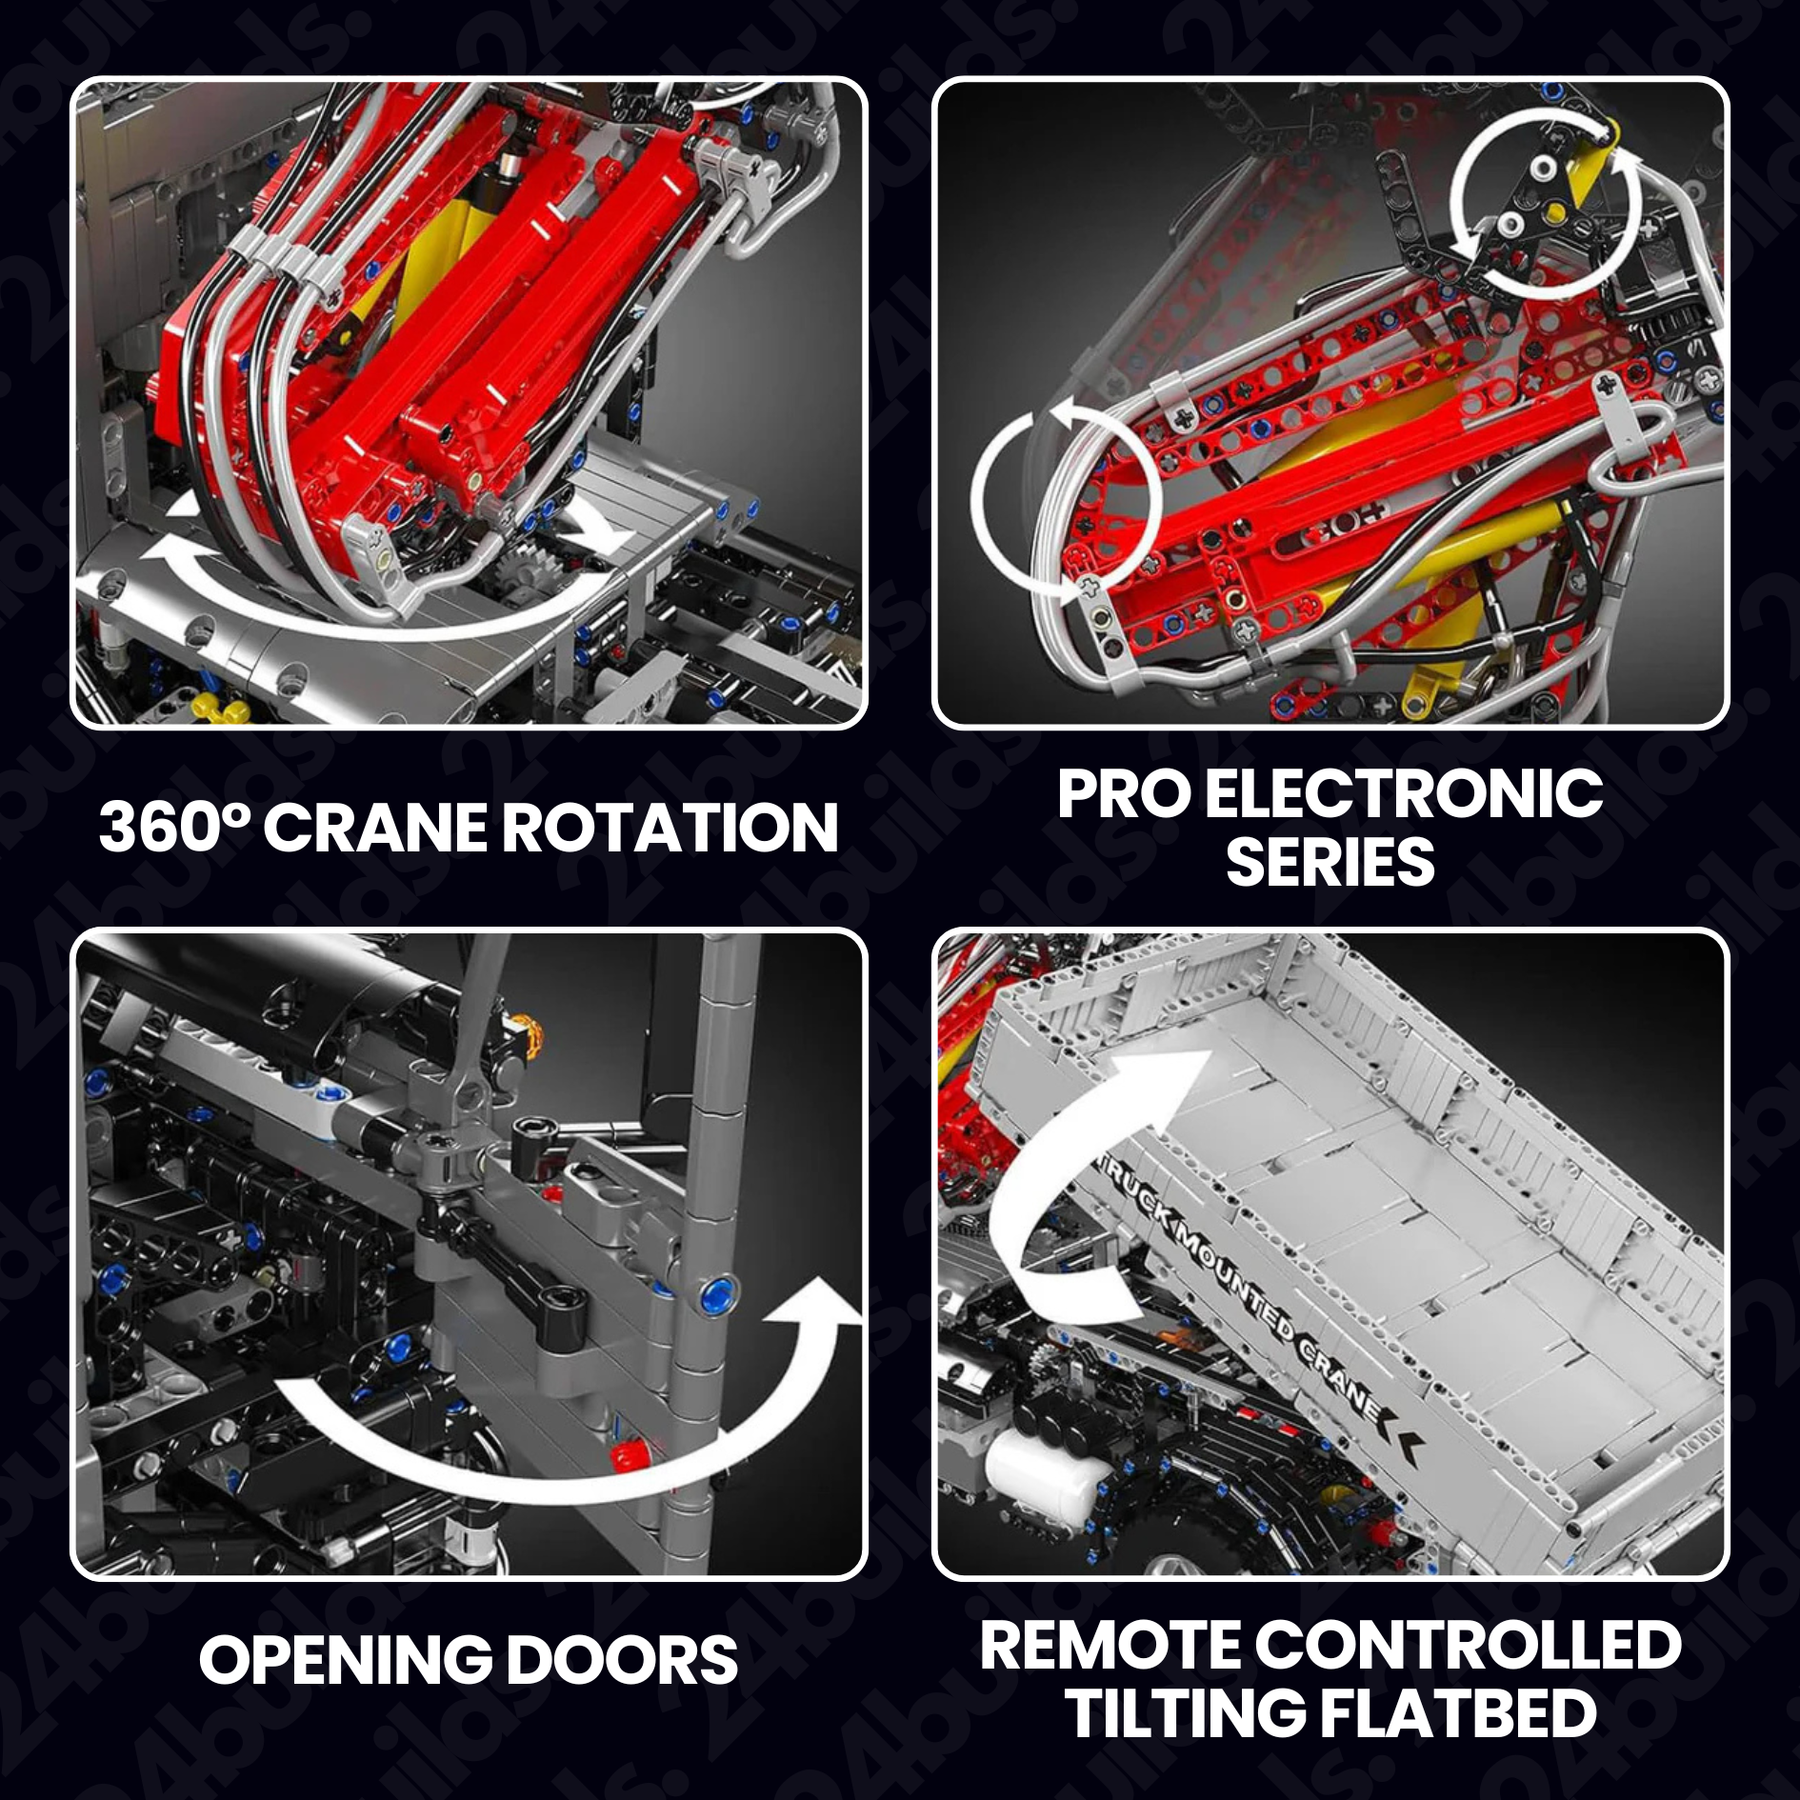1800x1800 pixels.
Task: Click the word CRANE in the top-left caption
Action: click(376, 827)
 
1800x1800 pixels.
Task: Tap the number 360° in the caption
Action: click(175, 827)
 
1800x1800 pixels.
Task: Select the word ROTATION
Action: click(670, 827)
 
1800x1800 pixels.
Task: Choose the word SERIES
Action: click(1330, 862)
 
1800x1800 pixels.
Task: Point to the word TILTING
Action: click(1186, 1713)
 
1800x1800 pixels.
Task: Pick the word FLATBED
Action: click(1458, 1713)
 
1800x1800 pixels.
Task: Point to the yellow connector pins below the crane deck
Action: click(220, 707)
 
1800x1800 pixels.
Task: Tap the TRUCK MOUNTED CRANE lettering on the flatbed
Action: click(1257, 1286)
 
